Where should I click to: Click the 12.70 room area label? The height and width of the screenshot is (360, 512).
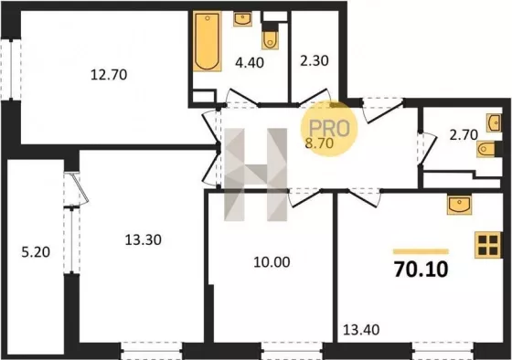tap(109, 75)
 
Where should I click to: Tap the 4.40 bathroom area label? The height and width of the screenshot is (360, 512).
tap(250, 62)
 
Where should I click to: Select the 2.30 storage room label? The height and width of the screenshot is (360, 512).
tap(315, 60)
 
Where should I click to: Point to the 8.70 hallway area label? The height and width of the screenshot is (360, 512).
tap(319, 143)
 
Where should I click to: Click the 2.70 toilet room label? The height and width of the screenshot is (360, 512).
tap(464, 134)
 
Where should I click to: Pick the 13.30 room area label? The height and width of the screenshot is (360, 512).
tap(143, 240)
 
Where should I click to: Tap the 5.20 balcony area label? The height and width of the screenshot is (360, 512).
tap(36, 252)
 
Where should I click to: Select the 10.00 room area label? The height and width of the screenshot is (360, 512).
tap(272, 262)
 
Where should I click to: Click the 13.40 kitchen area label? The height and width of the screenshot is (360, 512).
tap(361, 330)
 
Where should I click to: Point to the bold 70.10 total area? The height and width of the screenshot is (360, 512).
tap(421, 270)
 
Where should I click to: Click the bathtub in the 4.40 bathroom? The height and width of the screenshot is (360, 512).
tap(207, 41)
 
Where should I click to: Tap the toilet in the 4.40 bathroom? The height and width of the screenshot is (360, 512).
tap(270, 40)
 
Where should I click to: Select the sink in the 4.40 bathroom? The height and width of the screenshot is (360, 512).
tap(242, 19)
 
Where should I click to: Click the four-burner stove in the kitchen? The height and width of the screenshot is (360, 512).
tap(488, 245)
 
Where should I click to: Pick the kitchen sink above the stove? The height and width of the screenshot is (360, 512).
tap(459, 205)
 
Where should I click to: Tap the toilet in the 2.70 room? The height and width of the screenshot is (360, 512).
tap(485, 149)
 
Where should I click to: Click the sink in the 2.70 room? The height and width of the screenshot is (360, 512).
tap(494, 122)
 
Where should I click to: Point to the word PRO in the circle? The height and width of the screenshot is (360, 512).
tap(329, 128)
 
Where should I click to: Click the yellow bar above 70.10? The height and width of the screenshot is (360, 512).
tap(421, 251)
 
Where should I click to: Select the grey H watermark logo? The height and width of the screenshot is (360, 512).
tap(256, 175)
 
